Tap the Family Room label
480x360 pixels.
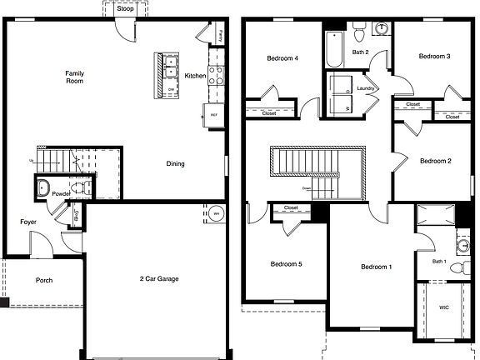(x=75, y=78)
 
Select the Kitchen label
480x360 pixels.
(x=195, y=76)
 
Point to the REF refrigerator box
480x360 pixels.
(x=213, y=115)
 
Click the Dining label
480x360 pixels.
(x=175, y=163)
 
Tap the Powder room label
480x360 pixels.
(x=62, y=193)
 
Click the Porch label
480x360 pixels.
(x=43, y=280)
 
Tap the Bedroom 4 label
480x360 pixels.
(x=282, y=58)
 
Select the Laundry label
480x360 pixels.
(x=365, y=88)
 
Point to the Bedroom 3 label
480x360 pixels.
(x=434, y=57)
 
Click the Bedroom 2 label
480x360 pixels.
(x=435, y=161)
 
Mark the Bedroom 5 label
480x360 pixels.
(x=286, y=264)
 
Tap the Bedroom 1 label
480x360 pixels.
(x=377, y=267)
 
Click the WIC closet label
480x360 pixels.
(x=443, y=307)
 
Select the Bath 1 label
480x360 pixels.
(x=439, y=262)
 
